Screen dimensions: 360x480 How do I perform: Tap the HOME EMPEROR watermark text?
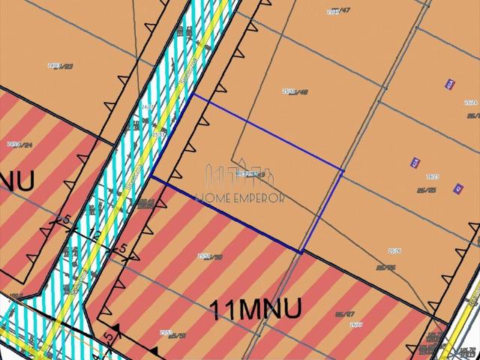(x=239, y=199)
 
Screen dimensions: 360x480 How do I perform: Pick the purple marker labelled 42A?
(x=415, y=162)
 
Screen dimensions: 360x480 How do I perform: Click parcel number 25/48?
(x=295, y=92)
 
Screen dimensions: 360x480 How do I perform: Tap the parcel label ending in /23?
(x=60, y=66)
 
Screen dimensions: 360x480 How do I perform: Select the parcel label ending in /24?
(x=19, y=144)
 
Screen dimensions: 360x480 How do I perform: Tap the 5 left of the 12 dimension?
(x=67, y=220)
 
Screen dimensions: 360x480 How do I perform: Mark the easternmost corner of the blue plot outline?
(x=343, y=171)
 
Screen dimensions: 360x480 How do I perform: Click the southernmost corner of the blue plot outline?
(x=301, y=253)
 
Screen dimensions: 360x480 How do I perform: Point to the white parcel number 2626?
(x=394, y=251)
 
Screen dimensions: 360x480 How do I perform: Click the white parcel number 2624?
(x=470, y=102)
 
